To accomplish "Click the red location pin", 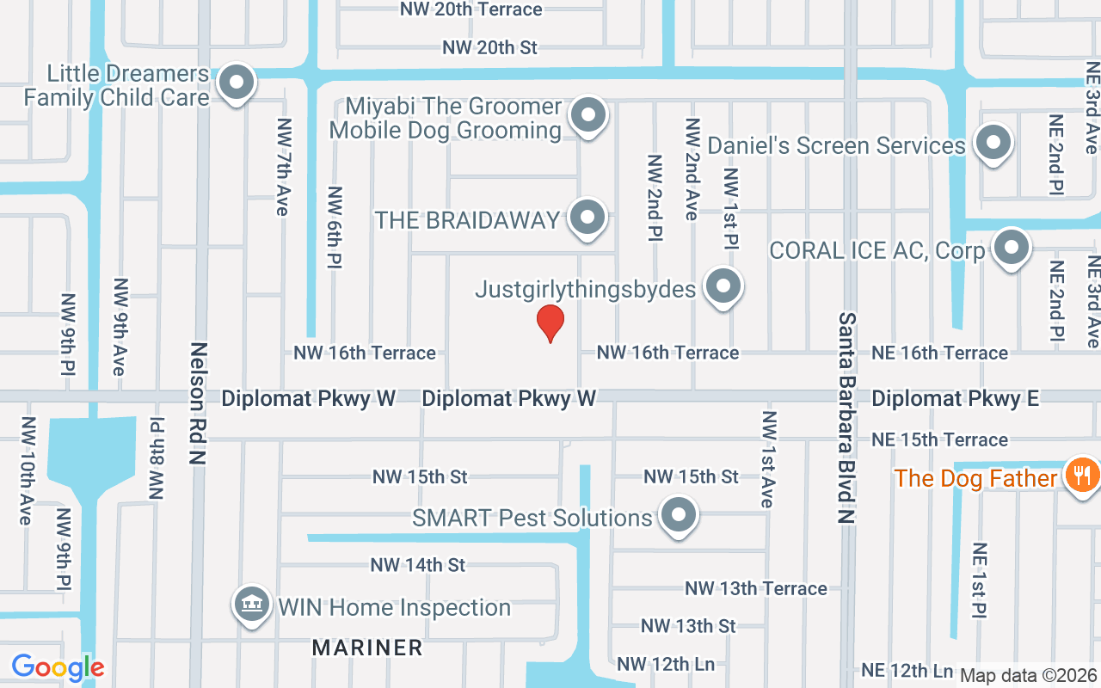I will click(x=550, y=323).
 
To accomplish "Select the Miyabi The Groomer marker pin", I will click(x=588, y=114).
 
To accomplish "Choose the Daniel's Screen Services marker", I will click(x=994, y=143).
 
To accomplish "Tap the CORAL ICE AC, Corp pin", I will click(x=1012, y=248).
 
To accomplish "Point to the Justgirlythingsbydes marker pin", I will click(x=723, y=286).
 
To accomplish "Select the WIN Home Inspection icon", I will click(x=251, y=605).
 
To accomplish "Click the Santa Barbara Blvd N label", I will click(x=848, y=418).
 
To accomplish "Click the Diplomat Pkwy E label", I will click(x=955, y=398).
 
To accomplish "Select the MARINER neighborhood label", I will click(x=367, y=648).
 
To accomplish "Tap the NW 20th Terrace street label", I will click(x=471, y=9).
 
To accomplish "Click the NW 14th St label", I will click(x=418, y=565).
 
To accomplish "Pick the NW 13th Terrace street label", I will click(x=756, y=588).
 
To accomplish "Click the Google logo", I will click(x=58, y=666).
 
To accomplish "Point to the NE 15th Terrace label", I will click(x=939, y=439).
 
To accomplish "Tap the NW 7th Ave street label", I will click(x=282, y=179).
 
